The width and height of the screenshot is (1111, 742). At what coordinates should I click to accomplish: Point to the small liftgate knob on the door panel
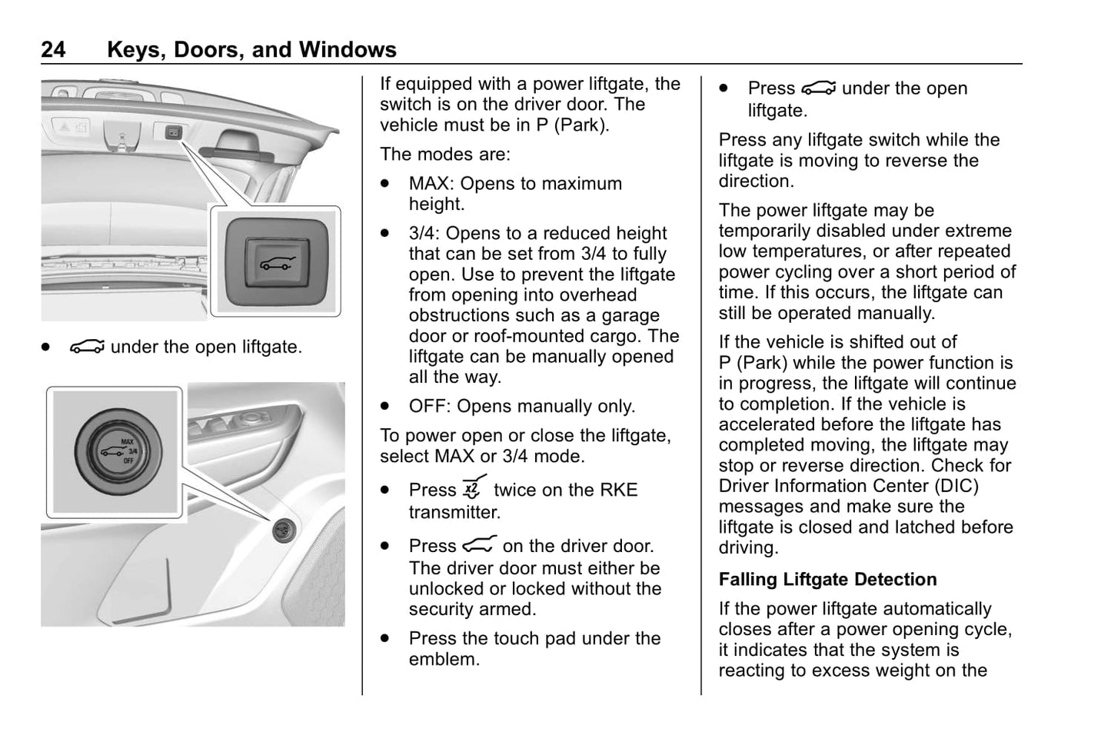pyautogui.click(x=285, y=529)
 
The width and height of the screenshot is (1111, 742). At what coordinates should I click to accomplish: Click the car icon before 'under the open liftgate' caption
pyautogui.click(x=86, y=348)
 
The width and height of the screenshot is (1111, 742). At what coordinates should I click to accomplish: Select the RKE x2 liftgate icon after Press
pyautogui.click(x=474, y=489)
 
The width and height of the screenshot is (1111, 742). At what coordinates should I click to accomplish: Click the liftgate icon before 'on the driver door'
pyautogui.click(x=479, y=545)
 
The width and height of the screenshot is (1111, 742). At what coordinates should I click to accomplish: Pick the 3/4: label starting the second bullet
pyautogui.click(x=424, y=233)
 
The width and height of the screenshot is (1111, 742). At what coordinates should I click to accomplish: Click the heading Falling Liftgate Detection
pyautogui.click(x=827, y=579)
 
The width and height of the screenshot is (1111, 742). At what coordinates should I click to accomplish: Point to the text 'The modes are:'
pyautogui.click(x=444, y=154)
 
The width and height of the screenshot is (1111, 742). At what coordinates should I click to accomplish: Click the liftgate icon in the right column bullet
pyautogui.click(x=818, y=88)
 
